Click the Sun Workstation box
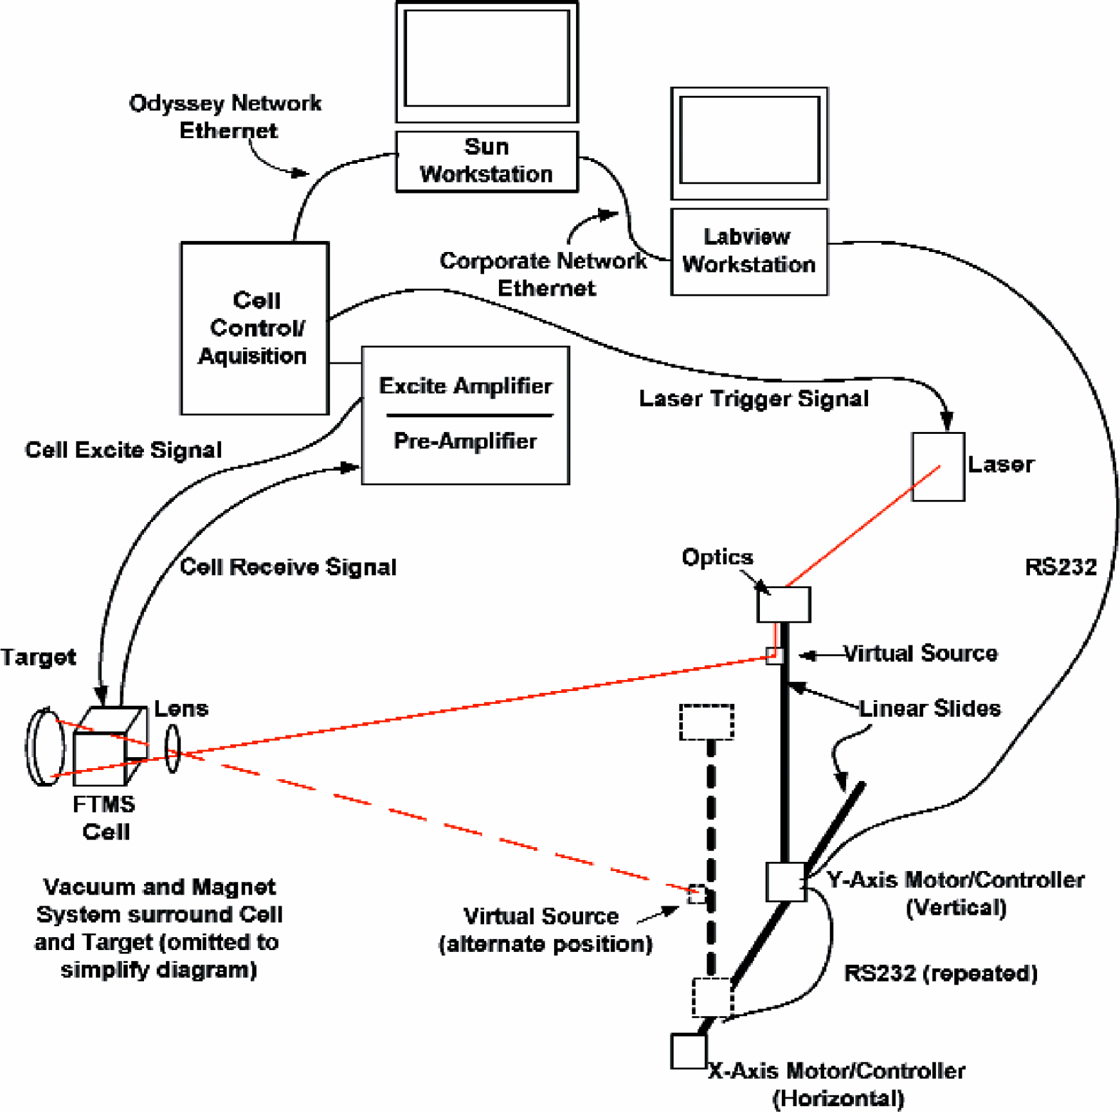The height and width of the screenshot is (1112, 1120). coord(487,161)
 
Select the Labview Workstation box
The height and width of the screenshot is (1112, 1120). coord(749,252)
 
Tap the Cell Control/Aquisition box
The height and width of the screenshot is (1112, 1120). coord(255,328)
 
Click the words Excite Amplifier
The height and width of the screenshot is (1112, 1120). coord(465,386)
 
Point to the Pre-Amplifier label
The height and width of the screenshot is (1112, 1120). coord(465,441)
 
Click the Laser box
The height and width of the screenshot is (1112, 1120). coord(938,467)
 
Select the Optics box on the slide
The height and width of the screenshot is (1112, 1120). coord(784,604)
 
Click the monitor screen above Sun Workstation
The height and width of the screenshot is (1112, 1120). coord(487,58)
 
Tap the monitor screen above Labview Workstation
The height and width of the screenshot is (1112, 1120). coord(750,140)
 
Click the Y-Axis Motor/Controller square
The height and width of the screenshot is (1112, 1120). coord(786,881)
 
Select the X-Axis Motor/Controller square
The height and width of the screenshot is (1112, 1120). coord(689,1052)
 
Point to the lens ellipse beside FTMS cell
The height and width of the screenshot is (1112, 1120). coord(172,749)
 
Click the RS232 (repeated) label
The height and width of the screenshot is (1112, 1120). coord(941,973)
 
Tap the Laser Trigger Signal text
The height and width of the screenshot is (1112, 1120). coord(754,399)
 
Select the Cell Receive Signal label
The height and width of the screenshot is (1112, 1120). coord(288,567)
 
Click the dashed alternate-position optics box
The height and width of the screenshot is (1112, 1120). coord(707,722)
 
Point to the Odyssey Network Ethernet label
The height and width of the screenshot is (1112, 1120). coord(225,116)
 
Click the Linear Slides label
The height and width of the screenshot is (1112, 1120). coord(930,708)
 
